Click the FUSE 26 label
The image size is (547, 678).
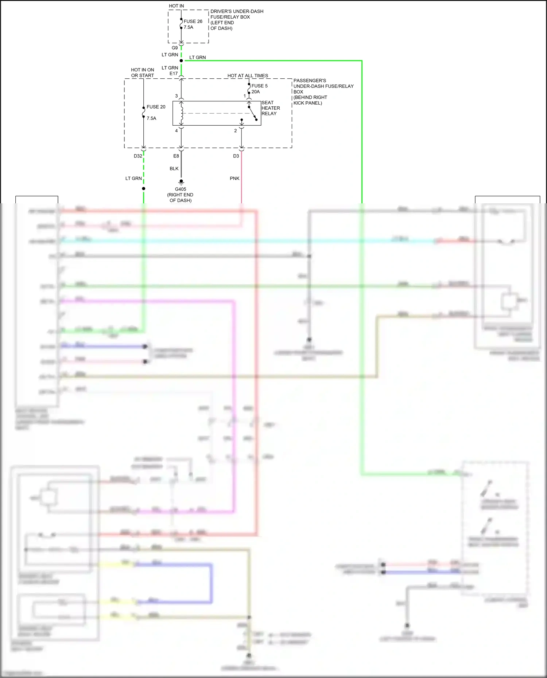tap(193, 21)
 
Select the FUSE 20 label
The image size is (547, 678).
tap(156, 107)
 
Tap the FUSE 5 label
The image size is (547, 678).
tap(259, 86)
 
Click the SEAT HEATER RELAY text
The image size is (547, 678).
tap(271, 108)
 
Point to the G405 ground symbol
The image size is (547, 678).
tap(181, 182)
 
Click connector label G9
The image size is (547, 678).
tap(175, 48)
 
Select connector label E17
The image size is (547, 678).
tap(174, 74)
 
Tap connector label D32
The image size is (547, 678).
tap(138, 156)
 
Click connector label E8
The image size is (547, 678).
tap(176, 156)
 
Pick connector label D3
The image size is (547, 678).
tap(236, 156)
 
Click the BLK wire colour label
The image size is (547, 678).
tap(174, 169)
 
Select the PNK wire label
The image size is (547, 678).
tap(234, 179)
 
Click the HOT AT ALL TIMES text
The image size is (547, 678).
tap(248, 76)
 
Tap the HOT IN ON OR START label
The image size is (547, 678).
tap(143, 72)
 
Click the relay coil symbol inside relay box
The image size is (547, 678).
tap(181, 113)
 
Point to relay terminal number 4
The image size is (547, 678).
tap(176, 131)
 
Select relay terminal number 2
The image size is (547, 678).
tap(236, 131)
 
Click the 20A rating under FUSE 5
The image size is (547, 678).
tap(256, 92)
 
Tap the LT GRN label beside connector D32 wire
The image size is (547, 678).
tap(133, 179)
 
